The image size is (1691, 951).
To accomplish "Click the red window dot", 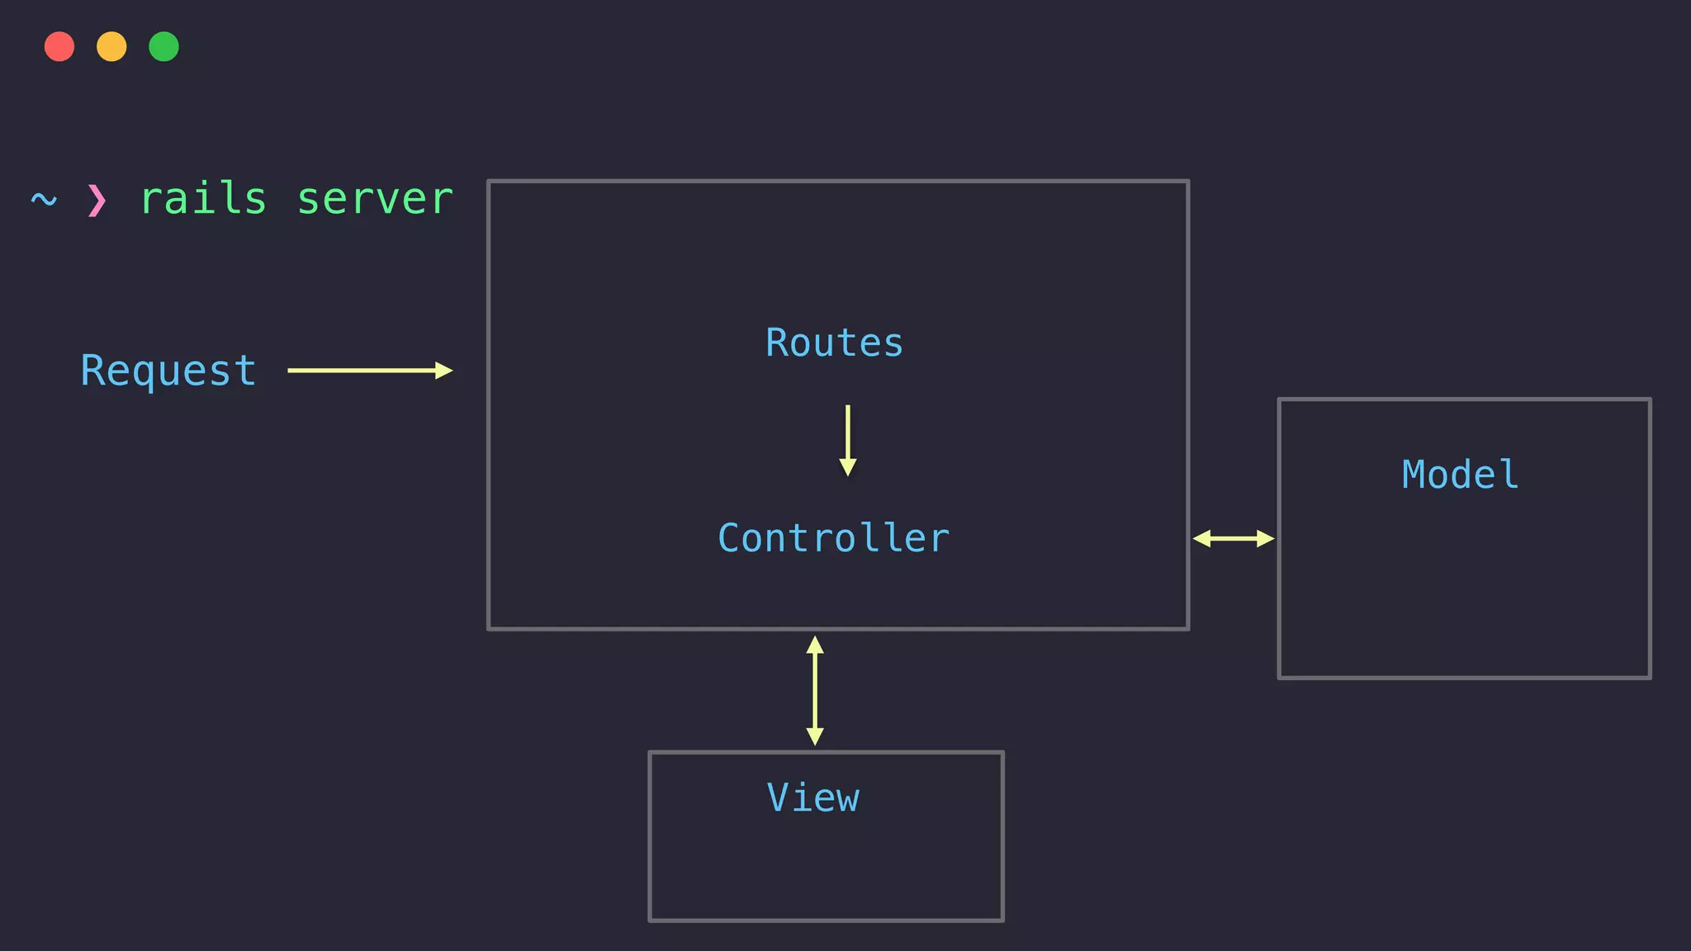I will [59, 46].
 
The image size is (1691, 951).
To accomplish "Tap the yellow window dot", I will [111, 46].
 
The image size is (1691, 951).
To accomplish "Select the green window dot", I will [163, 46].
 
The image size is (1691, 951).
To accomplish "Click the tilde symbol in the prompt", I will [44, 200].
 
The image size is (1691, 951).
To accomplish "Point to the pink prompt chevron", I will [97, 200].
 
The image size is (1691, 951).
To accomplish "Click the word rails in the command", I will [203, 199].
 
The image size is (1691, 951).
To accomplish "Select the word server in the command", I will [375, 199].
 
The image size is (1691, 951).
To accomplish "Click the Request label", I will [168, 371].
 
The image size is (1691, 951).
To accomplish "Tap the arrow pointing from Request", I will [369, 371].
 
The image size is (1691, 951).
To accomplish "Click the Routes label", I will [834, 343].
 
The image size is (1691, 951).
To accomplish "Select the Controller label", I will [834, 538].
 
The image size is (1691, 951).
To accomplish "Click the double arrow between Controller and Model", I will [1233, 539].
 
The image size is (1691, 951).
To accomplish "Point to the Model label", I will [1460, 475].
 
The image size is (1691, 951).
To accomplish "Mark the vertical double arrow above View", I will [815, 690].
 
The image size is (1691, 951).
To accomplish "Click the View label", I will [813, 797].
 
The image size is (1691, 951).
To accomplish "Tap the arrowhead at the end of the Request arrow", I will [444, 371].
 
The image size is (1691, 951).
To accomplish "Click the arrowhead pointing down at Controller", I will [847, 468].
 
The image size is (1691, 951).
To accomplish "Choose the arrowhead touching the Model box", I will [1266, 539].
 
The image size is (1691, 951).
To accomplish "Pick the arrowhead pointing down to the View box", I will [815, 736].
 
